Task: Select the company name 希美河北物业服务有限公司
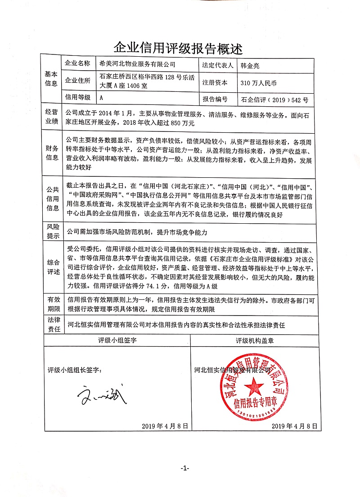pyautogui.click(x=135, y=64)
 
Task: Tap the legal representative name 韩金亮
pyautogui.click(x=250, y=64)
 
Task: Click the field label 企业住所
pyautogui.click(x=78, y=81)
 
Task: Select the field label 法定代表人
pyautogui.click(x=218, y=64)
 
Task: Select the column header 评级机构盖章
pyautogui.click(x=255, y=340)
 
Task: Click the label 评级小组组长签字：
pyautogui.click(x=75, y=370)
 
